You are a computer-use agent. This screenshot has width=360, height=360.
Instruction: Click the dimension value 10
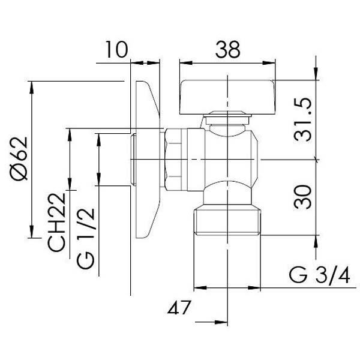click(x=116, y=50)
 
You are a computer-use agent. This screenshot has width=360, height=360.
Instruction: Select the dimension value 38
click(x=227, y=49)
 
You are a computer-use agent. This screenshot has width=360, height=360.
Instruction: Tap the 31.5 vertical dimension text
click(x=303, y=119)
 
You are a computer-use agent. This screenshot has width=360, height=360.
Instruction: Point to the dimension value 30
click(x=303, y=197)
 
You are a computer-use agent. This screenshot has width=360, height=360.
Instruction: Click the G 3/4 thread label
click(x=319, y=275)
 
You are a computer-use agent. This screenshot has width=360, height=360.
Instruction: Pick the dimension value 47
click(x=179, y=307)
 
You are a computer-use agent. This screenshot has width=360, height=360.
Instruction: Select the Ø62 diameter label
click(x=19, y=158)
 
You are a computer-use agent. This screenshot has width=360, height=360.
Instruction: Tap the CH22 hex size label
click(x=56, y=222)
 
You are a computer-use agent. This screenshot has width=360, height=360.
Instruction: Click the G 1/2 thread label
click(x=85, y=238)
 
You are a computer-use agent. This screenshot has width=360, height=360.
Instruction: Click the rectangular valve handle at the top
click(x=227, y=97)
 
